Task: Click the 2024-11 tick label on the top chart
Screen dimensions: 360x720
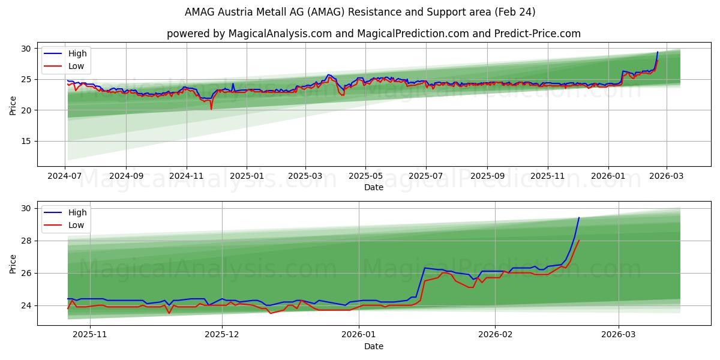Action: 187,177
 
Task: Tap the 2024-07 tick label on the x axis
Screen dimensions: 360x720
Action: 65,177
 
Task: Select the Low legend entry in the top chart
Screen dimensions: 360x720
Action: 76,66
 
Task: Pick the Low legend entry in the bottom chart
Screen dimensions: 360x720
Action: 76,226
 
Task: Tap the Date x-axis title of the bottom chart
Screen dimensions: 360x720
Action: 373,347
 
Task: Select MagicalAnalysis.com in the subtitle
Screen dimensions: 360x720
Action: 280,34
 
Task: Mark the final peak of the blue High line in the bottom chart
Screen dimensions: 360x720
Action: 579,218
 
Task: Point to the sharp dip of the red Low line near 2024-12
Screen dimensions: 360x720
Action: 211,109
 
